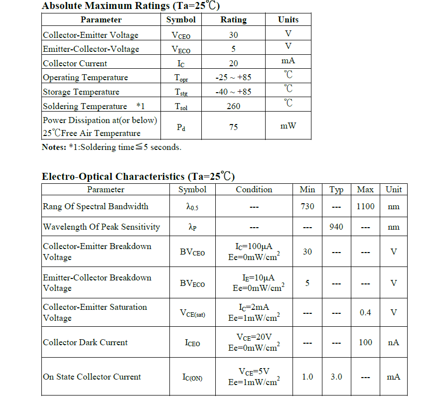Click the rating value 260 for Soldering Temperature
233,106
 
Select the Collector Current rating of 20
233,63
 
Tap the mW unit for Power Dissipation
288,126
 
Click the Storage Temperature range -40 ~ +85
233,92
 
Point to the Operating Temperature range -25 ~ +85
233,77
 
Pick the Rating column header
233,20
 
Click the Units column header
288,20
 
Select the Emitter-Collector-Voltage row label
91,49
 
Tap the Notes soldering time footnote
112,147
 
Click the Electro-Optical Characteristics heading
138,176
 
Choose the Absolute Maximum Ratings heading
131,6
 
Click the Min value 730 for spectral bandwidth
307,206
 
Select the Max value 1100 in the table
365,206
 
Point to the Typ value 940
336,227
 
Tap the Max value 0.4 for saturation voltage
365,312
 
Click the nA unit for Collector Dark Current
394,342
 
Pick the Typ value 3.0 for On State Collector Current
336,377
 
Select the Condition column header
254,189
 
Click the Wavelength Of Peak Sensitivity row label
102,227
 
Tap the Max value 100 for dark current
365,342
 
